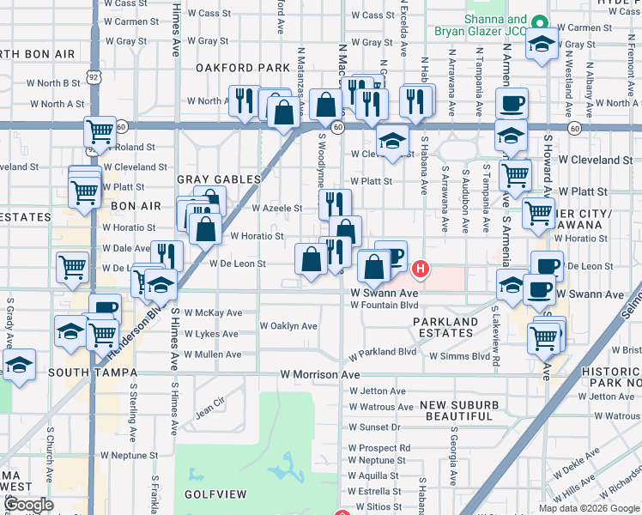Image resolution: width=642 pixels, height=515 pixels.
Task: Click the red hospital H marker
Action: [x=420, y=270]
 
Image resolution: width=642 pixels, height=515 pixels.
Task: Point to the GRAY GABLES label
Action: [x=218, y=179]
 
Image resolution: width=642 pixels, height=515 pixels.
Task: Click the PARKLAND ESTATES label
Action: [x=445, y=328]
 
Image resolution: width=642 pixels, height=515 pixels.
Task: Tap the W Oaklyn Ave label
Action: [x=288, y=326]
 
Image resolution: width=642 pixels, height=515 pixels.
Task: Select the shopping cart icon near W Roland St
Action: [x=100, y=131]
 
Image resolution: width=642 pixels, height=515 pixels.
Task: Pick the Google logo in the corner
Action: [x=29, y=506]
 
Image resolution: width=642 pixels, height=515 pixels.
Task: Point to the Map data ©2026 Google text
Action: [x=589, y=508]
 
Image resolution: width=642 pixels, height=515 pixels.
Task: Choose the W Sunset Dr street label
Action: [x=375, y=427]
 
